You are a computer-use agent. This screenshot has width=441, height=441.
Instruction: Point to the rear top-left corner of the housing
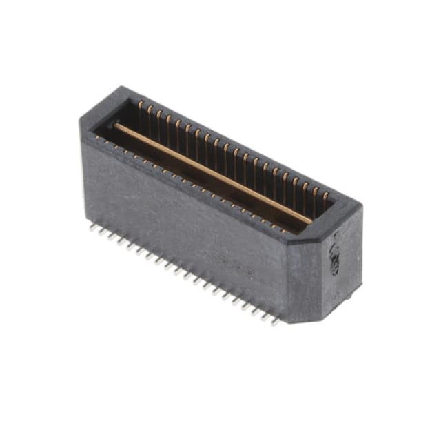[x=123, y=87]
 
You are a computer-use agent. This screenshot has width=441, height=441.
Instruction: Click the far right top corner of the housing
[x=360, y=205]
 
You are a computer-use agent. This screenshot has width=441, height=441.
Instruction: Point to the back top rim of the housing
[x=241, y=145]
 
